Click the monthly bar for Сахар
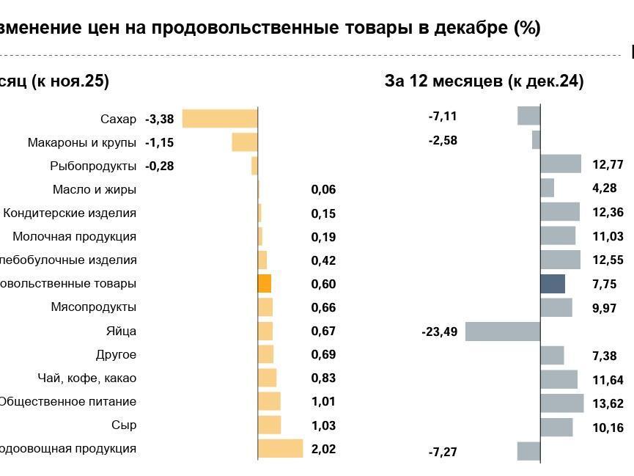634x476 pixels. [x=220, y=119]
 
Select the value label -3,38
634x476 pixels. [x=159, y=119]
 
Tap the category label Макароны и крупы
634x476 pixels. [x=81, y=142]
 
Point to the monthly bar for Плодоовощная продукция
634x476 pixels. [x=280, y=448]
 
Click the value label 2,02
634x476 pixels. [x=323, y=448]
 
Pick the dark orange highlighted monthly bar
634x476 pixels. [x=265, y=284]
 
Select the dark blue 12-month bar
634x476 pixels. [x=553, y=284]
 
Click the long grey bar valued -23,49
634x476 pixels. [x=503, y=332]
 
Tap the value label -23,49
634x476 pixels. [x=439, y=332]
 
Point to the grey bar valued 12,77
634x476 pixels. [x=561, y=164]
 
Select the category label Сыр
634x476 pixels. [x=125, y=425]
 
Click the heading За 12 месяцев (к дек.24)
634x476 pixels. [x=484, y=81]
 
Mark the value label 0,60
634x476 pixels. [x=323, y=284]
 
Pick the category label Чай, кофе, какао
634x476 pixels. [x=86, y=378]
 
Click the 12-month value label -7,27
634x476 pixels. [x=443, y=452]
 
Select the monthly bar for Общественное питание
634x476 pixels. [x=269, y=401]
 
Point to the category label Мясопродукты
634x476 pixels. [x=93, y=307]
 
